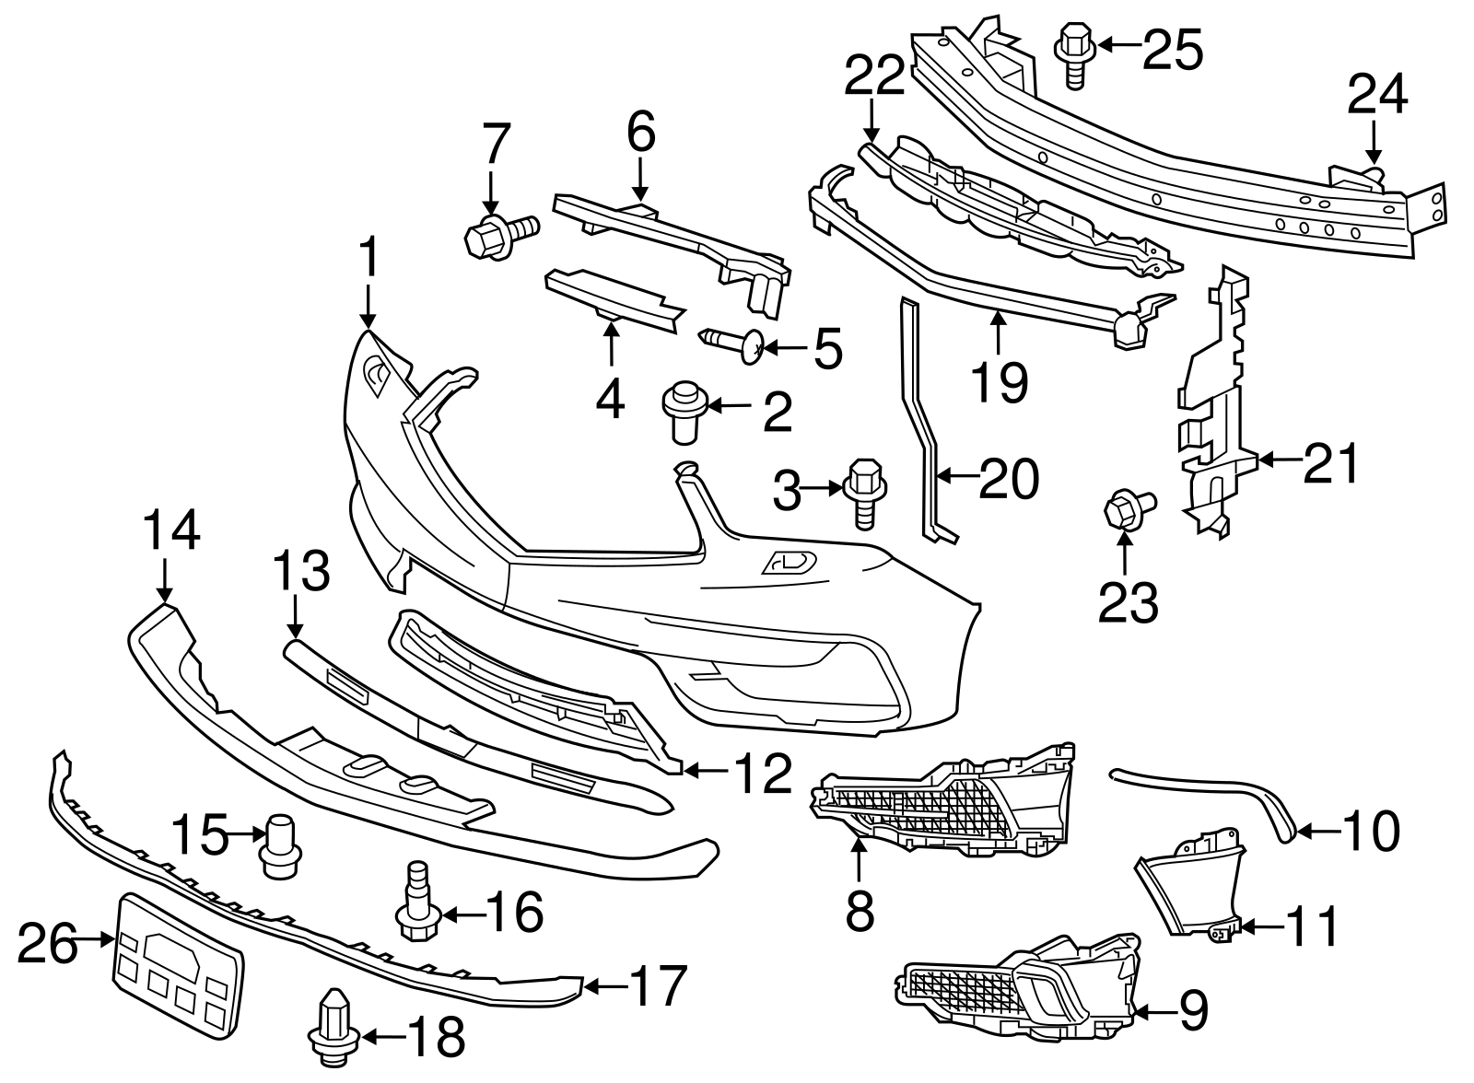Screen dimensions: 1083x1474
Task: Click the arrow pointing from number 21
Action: coord(1281,459)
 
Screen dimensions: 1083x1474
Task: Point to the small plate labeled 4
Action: coord(612,295)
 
